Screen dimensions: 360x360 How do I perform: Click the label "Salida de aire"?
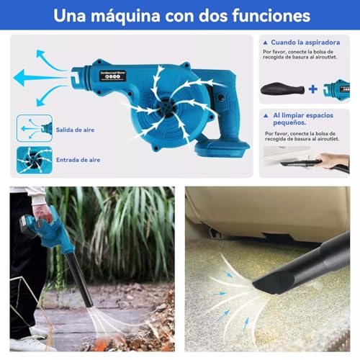tap(76, 130)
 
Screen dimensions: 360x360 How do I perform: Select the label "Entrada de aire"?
tap(77, 160)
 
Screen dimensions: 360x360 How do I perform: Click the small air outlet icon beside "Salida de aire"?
tap(35, 128)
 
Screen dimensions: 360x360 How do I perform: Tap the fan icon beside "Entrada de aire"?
tap(35, 160)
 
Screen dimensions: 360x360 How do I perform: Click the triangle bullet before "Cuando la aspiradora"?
tap(266, 42)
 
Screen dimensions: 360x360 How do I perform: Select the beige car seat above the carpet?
tap(274, 209)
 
